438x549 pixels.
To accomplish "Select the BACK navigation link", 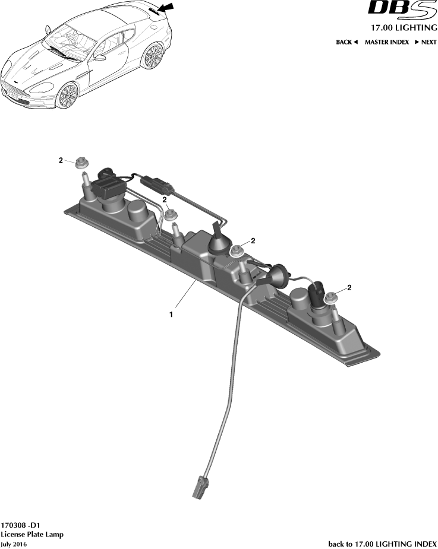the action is pos(346,42).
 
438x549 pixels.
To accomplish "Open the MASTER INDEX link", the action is pos(387,42).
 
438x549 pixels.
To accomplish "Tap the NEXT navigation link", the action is pos(426,42).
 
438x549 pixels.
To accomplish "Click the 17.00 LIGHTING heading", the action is pos(404,28).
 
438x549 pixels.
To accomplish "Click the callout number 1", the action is pos(171,315).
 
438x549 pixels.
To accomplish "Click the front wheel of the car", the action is pos(68,95).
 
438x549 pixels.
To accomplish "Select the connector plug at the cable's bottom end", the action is pos(200,486).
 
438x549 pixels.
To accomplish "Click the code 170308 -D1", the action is pos(20,525).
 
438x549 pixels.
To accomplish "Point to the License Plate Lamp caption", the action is pos(32,535).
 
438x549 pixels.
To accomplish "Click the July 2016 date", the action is pos(14,544).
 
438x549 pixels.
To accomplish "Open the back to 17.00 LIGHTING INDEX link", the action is pos(382,544).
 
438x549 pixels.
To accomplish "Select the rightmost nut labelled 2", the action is pos(331,298).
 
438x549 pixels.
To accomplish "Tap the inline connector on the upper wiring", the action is pos(157,185).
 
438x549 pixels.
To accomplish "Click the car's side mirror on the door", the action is pos(100,58).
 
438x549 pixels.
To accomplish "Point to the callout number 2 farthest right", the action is pos(349,288).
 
